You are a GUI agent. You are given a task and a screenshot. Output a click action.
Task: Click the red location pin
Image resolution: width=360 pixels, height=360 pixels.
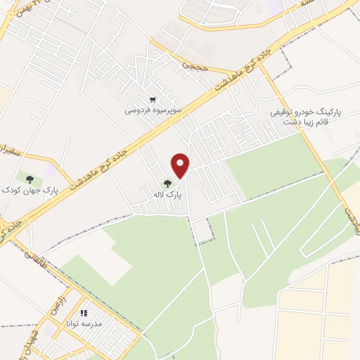181,165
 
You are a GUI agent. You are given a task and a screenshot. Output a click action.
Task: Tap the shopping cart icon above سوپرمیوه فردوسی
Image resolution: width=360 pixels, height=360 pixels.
153,100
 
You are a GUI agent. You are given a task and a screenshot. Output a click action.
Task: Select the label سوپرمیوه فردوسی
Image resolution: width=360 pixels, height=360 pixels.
149,110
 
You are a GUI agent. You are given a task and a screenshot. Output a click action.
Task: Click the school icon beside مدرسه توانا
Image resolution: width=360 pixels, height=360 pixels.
83,314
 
